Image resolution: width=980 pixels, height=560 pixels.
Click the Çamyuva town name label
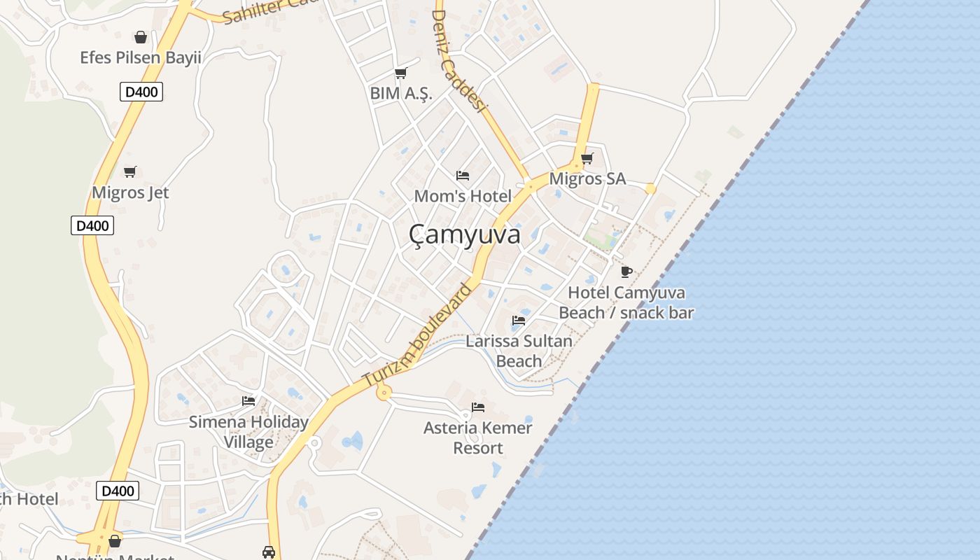point(465,235)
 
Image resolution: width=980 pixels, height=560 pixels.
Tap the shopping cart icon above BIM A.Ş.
point(400,73)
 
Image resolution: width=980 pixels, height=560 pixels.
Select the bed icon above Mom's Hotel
point(462,175)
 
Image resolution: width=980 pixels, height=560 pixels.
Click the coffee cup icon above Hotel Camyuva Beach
point(626,272)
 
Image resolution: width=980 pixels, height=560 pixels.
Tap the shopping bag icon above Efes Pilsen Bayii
point(141,37)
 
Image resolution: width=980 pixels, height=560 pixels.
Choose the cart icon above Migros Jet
point(129,171)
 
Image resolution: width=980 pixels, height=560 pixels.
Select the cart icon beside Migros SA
point(587,159)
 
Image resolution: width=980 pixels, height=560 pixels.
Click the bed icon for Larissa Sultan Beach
point(519,321)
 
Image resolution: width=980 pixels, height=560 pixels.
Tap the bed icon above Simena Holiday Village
point(248,401)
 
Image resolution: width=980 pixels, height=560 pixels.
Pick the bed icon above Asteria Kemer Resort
point(478,407)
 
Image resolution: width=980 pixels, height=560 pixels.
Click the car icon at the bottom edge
point(268,552)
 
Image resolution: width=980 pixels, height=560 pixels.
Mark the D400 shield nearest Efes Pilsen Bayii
point(141,92)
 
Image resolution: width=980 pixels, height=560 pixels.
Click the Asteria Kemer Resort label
point(478,437)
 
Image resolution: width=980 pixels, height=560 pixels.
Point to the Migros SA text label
point(587,179)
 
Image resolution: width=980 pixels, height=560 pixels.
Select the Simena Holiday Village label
point(248,432)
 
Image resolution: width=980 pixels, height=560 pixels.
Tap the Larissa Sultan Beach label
point(519,351)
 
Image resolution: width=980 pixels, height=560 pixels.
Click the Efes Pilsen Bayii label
point(141,57)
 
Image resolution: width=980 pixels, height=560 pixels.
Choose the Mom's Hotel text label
point(463,196)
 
